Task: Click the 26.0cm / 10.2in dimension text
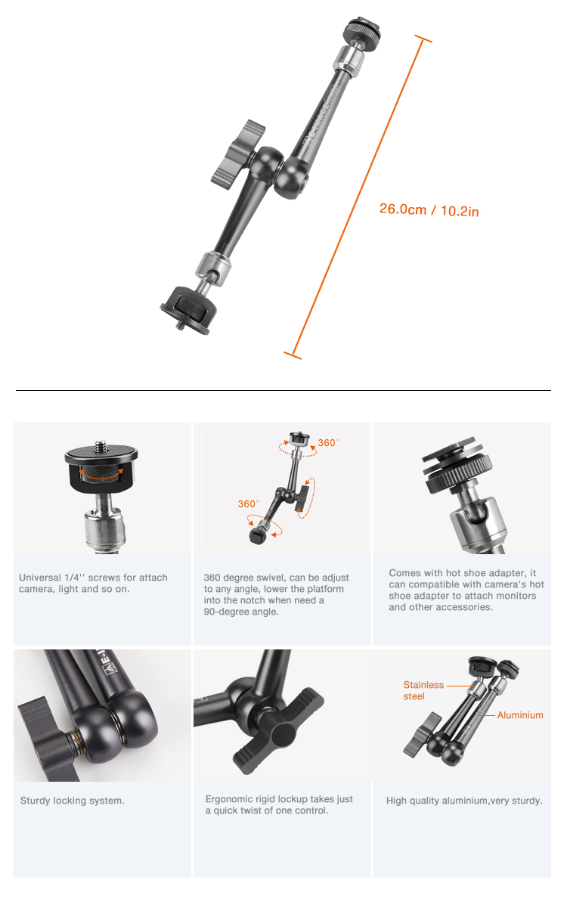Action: pos(429,209)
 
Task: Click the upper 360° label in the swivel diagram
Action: pos(328,443)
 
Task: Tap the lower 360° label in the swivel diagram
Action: pos(248,504)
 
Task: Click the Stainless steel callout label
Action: pos(423,691)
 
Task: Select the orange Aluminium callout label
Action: pos(520,715)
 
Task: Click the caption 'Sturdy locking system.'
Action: pos(72,801)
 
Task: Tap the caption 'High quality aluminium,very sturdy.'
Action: pos(463,801)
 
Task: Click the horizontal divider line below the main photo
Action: pos(283,390)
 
